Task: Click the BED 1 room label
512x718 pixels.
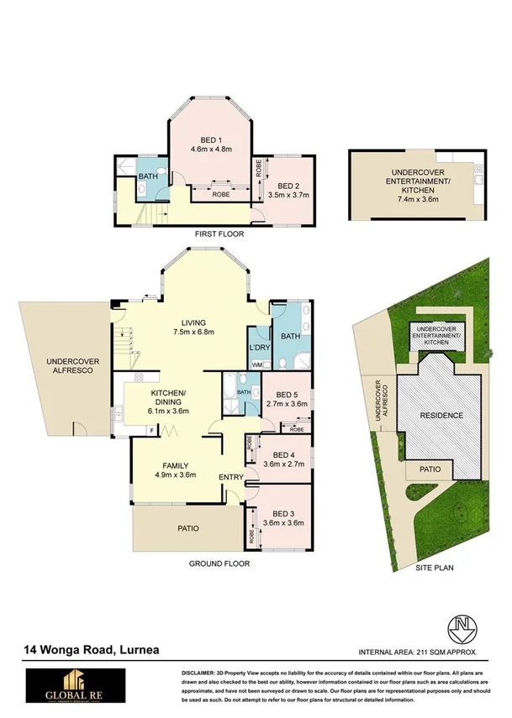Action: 211,139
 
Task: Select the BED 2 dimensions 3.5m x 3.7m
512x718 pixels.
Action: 288,195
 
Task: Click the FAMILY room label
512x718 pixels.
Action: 175,464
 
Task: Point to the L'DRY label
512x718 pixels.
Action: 258,347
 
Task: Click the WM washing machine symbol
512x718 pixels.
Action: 256,364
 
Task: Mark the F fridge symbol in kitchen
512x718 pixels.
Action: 150,431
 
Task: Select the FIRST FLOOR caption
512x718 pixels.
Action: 219,234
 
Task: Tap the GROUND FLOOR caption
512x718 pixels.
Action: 219,563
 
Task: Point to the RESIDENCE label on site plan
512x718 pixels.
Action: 441,416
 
